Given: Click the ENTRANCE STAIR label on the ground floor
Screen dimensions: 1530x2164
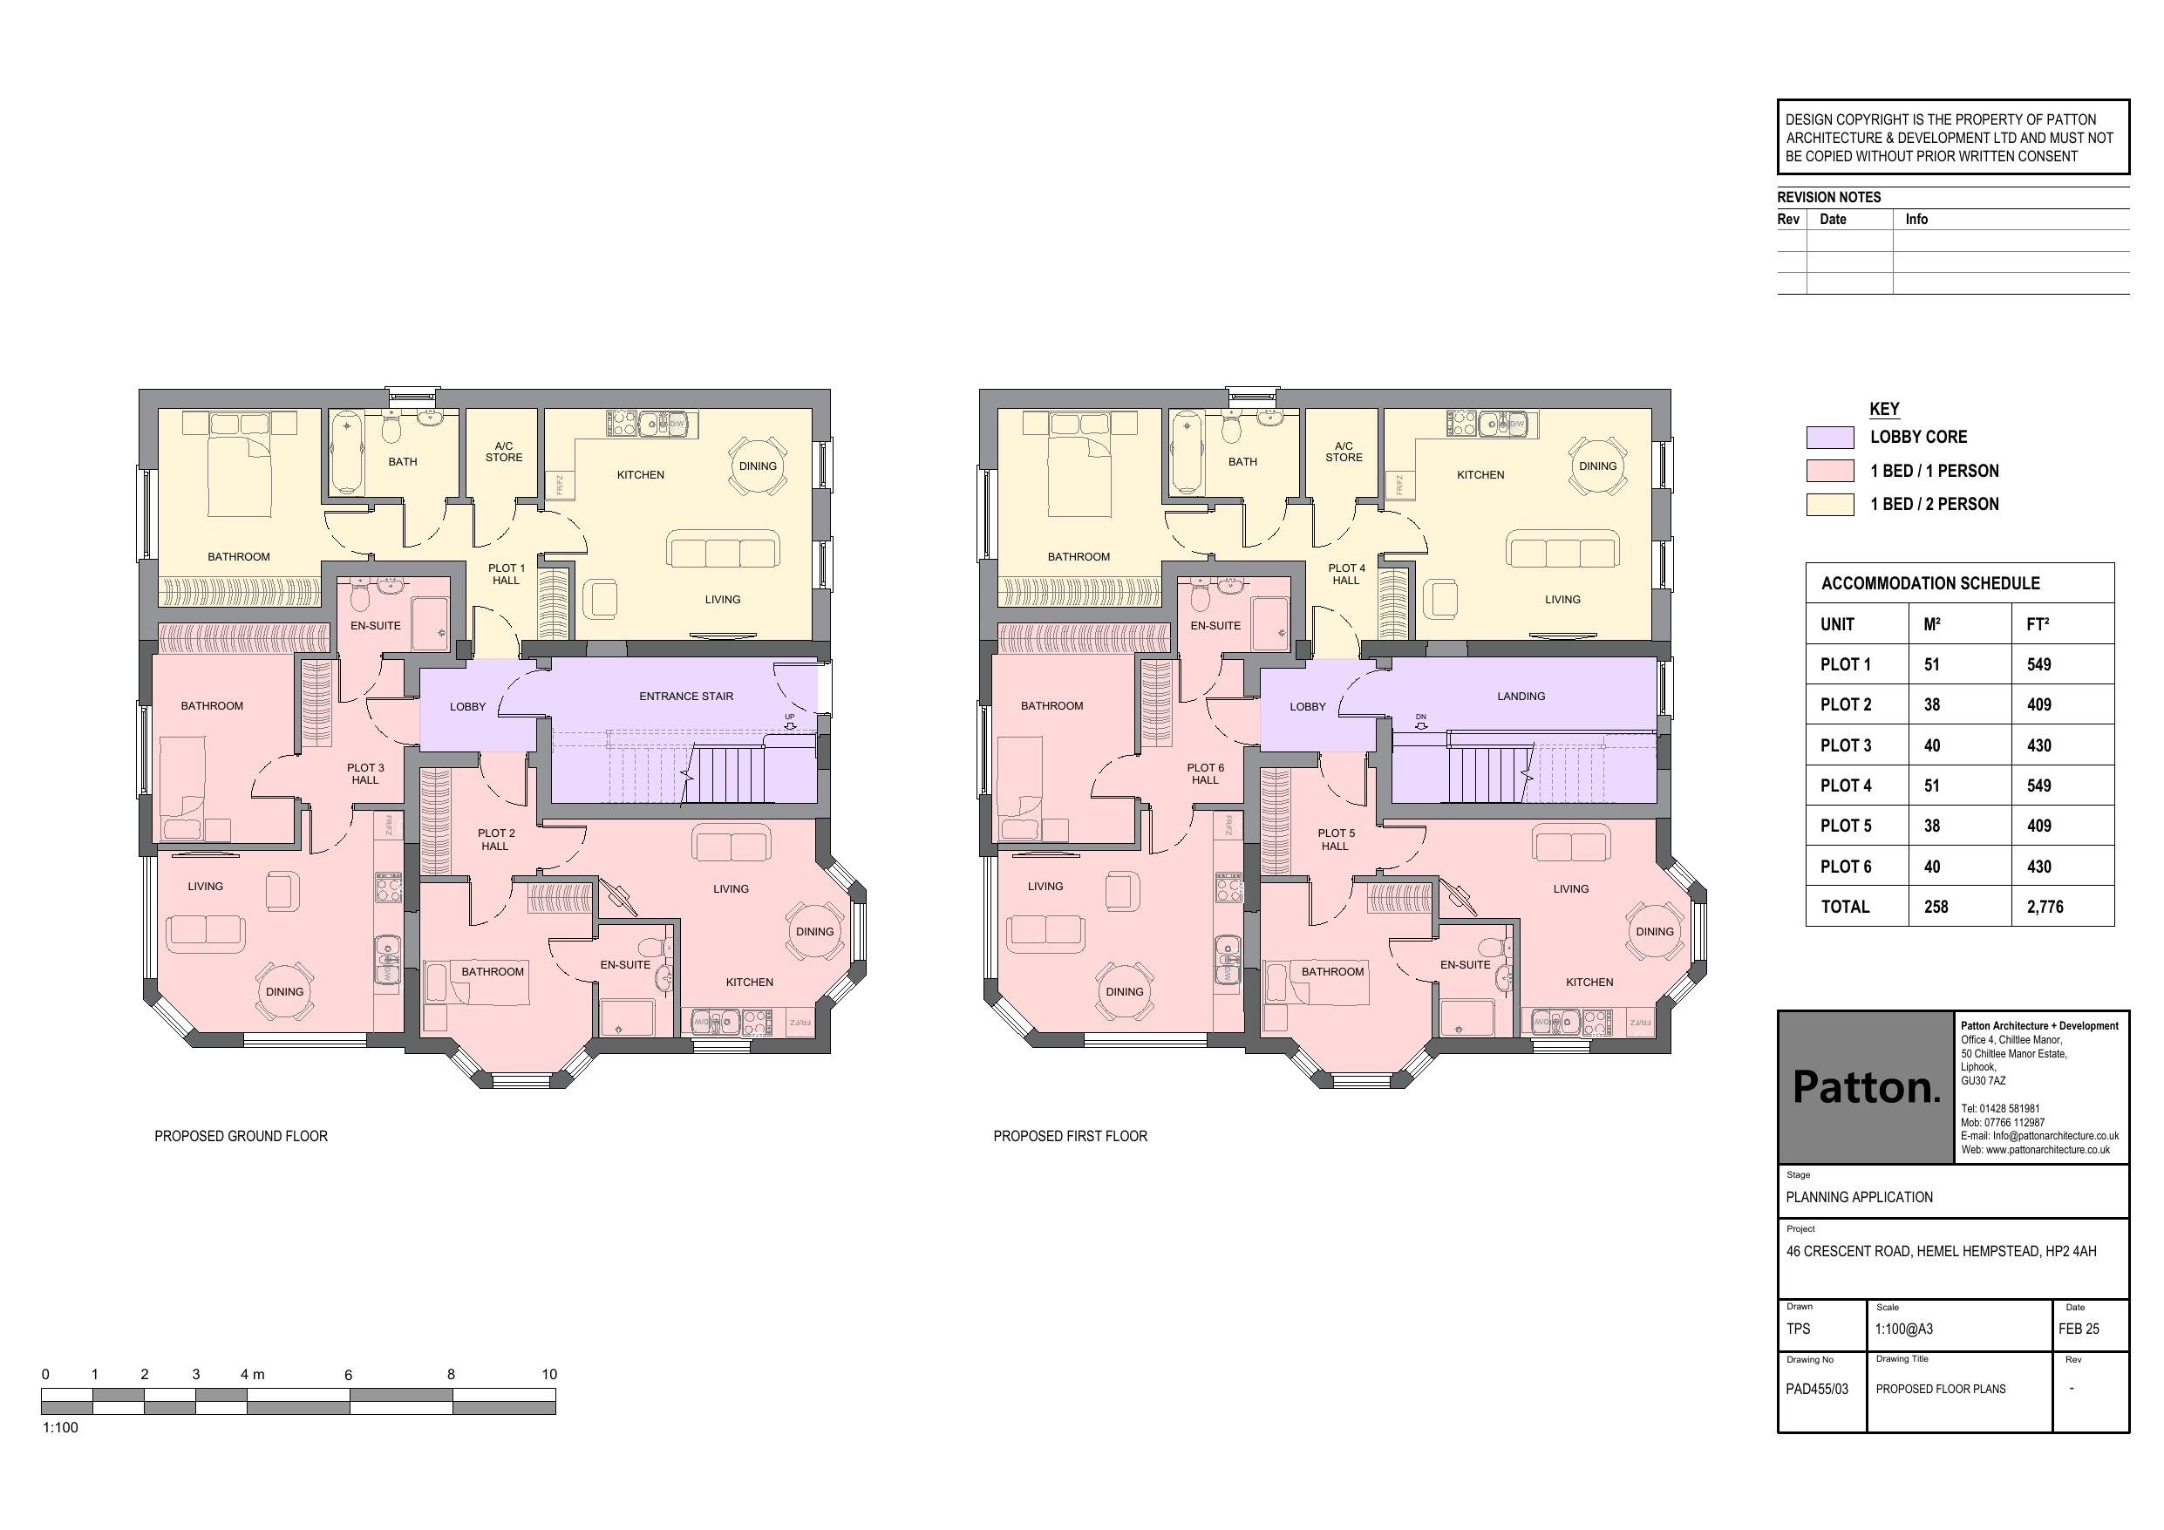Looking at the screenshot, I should click(685, 697).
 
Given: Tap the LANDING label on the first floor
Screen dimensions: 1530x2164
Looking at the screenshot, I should click(1521, 697).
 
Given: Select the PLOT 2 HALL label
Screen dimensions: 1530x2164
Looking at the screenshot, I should click(496, 840).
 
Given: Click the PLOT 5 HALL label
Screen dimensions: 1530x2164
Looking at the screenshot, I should click(1336, 840).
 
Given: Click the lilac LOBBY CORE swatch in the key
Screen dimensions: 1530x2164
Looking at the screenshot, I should click(1829, 438).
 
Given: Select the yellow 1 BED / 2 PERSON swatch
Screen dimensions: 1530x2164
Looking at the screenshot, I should click(1829, 505).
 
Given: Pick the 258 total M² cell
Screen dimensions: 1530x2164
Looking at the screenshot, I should click(1936, 907).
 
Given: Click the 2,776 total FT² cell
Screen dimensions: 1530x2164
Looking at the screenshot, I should click(2045, 907).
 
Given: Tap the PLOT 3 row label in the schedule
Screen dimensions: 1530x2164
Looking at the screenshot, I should click(1846, 745).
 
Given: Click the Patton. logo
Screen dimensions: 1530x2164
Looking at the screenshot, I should click(1865, 1087).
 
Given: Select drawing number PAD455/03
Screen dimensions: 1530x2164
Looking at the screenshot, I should click(1816, 1389).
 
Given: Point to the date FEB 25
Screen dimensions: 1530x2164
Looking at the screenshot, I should click(2079, 1329).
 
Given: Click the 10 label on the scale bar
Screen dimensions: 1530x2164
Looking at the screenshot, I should click(548, 1375).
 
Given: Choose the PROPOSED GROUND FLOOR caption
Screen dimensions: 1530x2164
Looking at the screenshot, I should click(241, 1137).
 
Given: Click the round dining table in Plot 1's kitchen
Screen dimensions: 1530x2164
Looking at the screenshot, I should click(757, 466).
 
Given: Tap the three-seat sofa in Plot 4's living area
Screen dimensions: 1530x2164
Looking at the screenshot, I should click(1562, 549).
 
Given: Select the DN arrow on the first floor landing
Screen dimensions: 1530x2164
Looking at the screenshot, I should click(1420, 726).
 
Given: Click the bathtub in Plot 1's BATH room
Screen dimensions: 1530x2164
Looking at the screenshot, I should click(348, 452).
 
